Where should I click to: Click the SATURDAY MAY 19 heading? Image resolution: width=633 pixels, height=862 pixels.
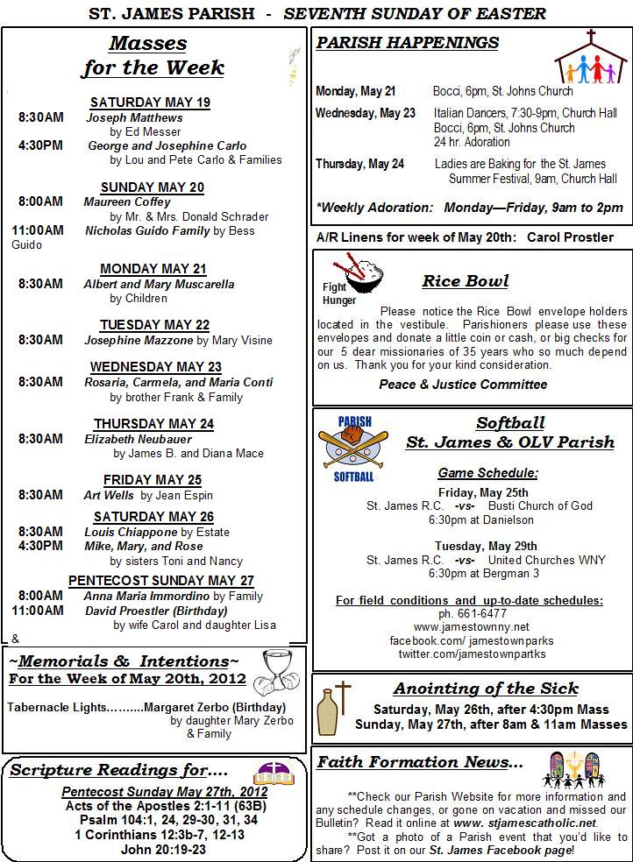[x=150, y=102]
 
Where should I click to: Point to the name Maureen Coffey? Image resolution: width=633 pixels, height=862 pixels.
[x=127, y=202]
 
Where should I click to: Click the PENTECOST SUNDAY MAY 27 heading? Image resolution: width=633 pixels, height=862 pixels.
[x=161, y=581]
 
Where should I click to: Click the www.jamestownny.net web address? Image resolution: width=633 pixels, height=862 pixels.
[x=471, y=627]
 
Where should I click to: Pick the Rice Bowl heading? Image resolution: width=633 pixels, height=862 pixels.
[x=465, y=281]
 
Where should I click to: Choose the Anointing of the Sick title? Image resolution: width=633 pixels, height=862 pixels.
[x=486, y=689]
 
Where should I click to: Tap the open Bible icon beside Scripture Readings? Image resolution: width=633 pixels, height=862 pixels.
[x=273, y=773]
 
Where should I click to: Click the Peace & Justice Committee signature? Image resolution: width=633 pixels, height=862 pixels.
[x=463, y=385]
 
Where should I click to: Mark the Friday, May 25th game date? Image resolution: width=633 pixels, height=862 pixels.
[x=483, y=492]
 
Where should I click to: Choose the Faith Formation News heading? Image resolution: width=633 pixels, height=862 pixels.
[x=419, y=762]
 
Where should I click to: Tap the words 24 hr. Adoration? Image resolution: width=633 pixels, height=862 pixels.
[x=472, y=142]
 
